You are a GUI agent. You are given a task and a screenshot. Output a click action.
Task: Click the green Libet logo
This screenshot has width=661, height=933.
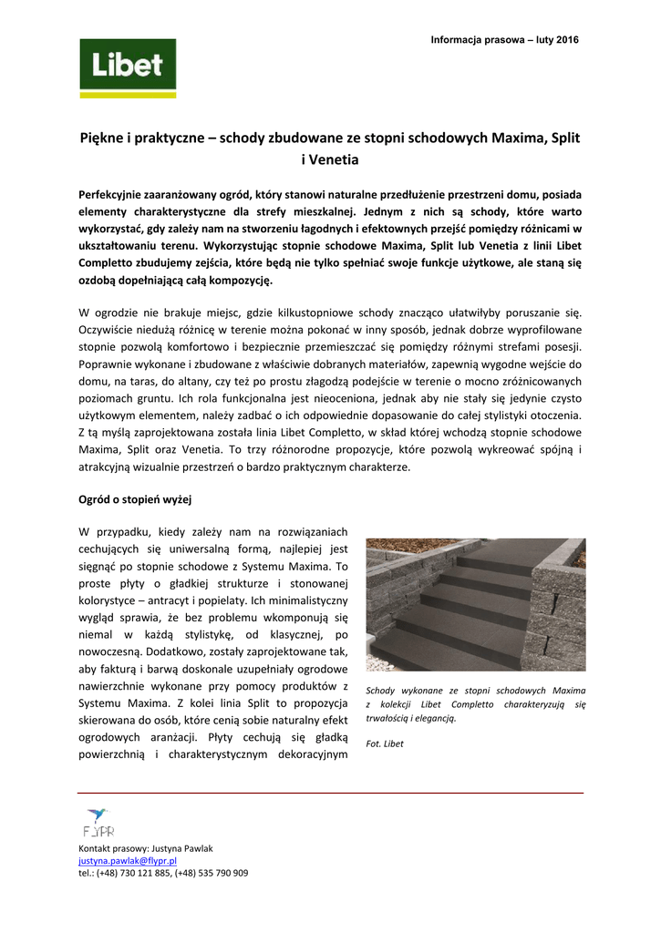pyautogui.click(x=128, y=68)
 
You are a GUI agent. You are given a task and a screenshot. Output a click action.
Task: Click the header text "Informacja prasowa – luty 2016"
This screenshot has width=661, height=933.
pyautogui.click(x=504, y=39)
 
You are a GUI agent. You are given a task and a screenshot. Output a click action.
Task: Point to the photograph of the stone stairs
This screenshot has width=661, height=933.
pyautogui.click(x=475, y=605)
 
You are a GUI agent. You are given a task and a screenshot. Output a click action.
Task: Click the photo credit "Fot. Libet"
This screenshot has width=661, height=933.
pyautogui.click(x=384, y=743)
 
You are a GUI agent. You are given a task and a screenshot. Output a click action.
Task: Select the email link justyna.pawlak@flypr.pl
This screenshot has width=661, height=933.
pyautogui.click(x=128, y=860)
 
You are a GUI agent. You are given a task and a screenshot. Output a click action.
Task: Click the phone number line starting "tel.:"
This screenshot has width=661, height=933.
pyautogui.click(x=163, y=872)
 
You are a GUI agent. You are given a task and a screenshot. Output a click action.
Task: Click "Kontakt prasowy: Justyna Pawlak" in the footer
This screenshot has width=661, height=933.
pyautogui.click(x=146, y=848)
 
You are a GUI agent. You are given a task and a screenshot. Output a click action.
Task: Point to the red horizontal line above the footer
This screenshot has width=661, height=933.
pyautogui.click(x=330, y=794)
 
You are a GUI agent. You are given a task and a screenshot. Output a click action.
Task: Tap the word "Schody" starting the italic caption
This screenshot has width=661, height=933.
pyautogui.click(x=381, y=691)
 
